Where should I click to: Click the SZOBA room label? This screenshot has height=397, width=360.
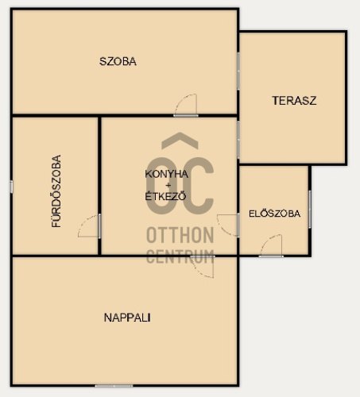pyautogui.click(x=118, y=61)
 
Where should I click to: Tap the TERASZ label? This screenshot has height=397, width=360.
pyautogui.click(x=294, y=101)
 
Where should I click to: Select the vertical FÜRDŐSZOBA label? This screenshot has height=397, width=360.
pyautogui.click(x=56, y=191)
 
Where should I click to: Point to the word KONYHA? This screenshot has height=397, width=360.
pyautogui.click(x=167, y=174)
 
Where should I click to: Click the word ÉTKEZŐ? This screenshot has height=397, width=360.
pyautogui.click(x=165, y=196)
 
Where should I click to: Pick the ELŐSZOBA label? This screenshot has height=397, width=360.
pyautogui.click(x=275, y=214)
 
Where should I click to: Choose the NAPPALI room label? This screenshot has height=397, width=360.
pyautogui.click(x=127, y=318)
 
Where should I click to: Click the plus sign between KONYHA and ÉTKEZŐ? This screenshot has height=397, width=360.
pyautogui.click(x=168, y=185)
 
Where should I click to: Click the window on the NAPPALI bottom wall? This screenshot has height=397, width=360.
pyautogui.click(x=114, y=386)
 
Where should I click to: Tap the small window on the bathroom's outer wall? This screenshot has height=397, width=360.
pyautogui.click(x=11, y=187)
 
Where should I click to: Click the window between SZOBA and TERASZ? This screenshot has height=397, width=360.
pyautogui.click(x=238, y=71)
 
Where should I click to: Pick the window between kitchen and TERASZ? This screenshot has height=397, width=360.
pyautogui.click(x=238, y=140)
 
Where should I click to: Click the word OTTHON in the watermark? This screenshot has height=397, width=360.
pyautogui.click(x=180, y=235)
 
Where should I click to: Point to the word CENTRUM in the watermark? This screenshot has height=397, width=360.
pyautogui.click(x=180, y=256)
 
